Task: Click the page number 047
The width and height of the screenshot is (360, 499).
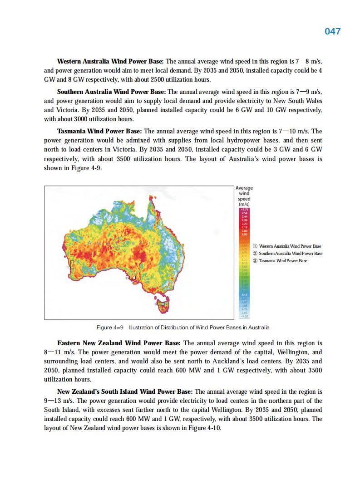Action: tap(332, 31)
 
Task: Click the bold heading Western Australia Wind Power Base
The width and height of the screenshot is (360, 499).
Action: tap(110, 61)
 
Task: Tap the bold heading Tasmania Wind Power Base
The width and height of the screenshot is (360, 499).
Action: tap(99, 131)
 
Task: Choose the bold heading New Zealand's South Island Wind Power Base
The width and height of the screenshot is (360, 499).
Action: tap(125, 391)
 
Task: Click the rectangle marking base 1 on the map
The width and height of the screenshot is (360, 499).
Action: tap(72, 264)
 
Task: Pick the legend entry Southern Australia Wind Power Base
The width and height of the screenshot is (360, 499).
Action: tap(290, 253)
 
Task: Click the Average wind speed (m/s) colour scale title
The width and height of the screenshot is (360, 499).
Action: tap(244, 196)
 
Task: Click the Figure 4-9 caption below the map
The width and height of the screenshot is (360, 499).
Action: tap(183, 328)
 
